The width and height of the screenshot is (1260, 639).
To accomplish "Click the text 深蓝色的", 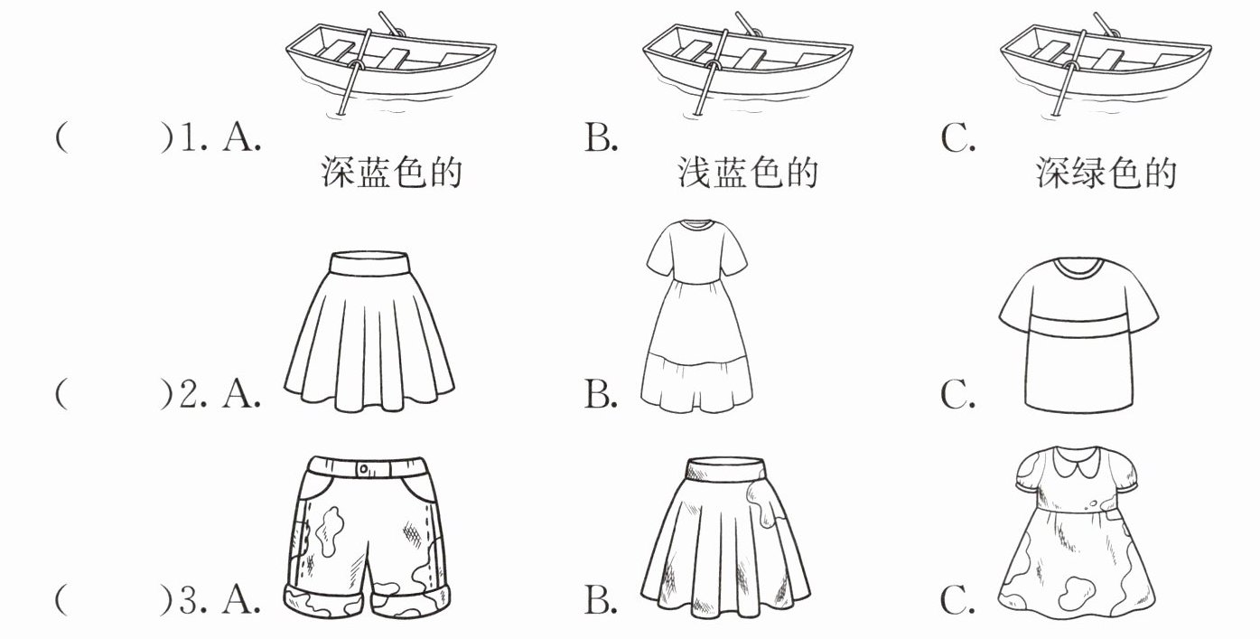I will point(391,173).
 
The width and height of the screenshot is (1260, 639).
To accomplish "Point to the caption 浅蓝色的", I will point(748,173).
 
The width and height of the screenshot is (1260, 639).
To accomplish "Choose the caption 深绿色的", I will point(1106,173).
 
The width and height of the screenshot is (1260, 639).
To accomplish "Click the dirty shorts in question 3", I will point(366,533).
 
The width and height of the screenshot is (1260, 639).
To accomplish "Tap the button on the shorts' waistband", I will point(363,469).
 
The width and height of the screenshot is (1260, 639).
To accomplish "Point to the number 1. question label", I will point(192,140).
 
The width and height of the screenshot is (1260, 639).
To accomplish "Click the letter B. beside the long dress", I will point(601,395).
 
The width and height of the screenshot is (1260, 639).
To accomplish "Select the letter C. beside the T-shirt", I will point(957,395).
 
